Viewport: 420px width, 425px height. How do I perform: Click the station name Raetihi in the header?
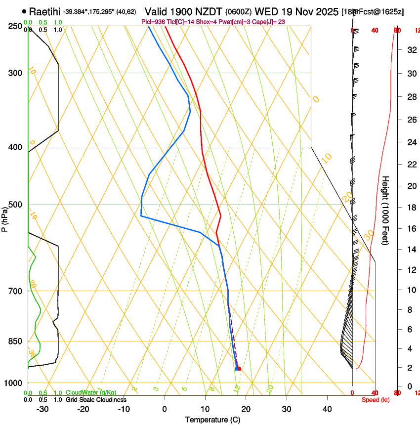(x=44, y=11)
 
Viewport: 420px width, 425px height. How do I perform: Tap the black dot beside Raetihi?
(x=24, y=11)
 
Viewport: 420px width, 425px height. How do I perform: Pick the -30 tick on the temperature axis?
(x=42, y=409)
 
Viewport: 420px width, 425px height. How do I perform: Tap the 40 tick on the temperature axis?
(x=327, y=409)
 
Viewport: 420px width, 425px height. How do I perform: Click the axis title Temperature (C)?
(x=212, y=420)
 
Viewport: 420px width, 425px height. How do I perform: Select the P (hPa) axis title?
(x=5, y=218)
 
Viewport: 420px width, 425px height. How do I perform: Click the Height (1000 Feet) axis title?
(x=386, y=210)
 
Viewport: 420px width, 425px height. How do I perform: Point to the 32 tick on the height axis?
(x=411, y=50)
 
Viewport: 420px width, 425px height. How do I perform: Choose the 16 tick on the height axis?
(x=411, y=228)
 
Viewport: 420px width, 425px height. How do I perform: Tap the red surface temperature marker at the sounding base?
(x=239, y=369)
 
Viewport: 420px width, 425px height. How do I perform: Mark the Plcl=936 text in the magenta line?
(x=153, y=22)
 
